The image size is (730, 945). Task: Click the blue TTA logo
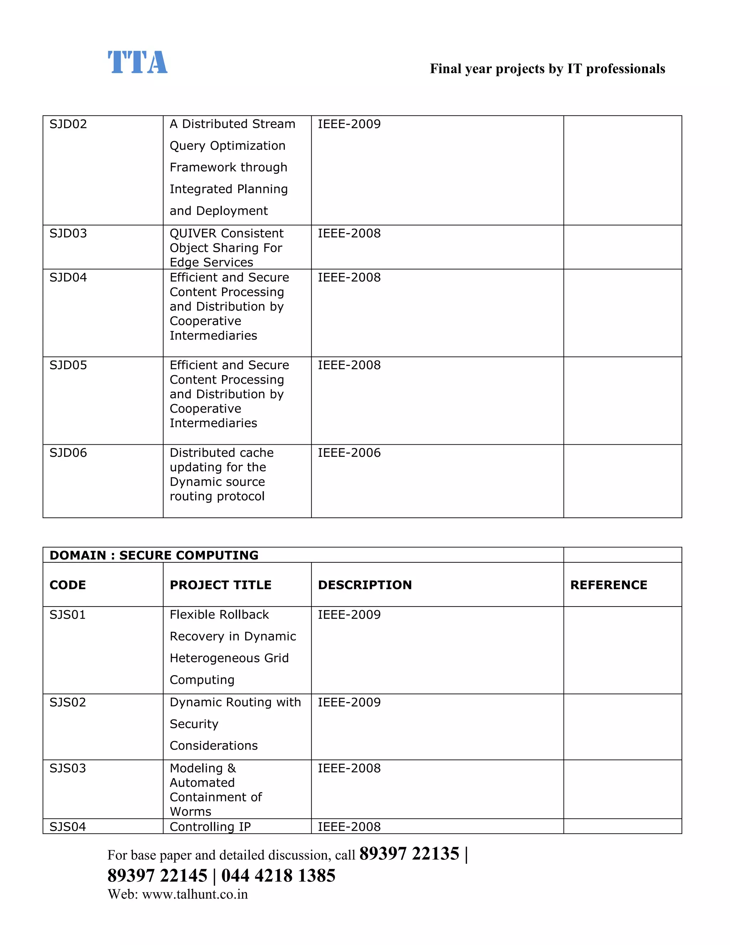pos(138,63)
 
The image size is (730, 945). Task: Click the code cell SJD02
pos(68,124)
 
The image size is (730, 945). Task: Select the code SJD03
pos(68,234)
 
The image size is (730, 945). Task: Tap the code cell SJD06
pos(68,453)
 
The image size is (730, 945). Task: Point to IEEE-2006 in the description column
pos(349,453)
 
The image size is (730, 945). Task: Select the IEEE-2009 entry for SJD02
pos(349,124)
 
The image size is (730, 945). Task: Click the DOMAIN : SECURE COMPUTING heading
pos(154,555)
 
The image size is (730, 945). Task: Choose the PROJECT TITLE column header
pos(221,585)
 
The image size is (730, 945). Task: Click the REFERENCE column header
pos(608,585)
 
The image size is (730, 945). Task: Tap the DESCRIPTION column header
pos(365,585)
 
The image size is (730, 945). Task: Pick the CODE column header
pos(68,585)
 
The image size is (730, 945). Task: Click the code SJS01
pos(68,615)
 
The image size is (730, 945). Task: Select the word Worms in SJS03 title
pos(190,812)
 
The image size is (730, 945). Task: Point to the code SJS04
pos(68,827)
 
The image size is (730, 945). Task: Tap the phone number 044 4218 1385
pos(278,876)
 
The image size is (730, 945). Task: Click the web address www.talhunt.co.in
pos(195,894)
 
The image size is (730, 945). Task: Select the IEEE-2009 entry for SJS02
pos(349,702)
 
